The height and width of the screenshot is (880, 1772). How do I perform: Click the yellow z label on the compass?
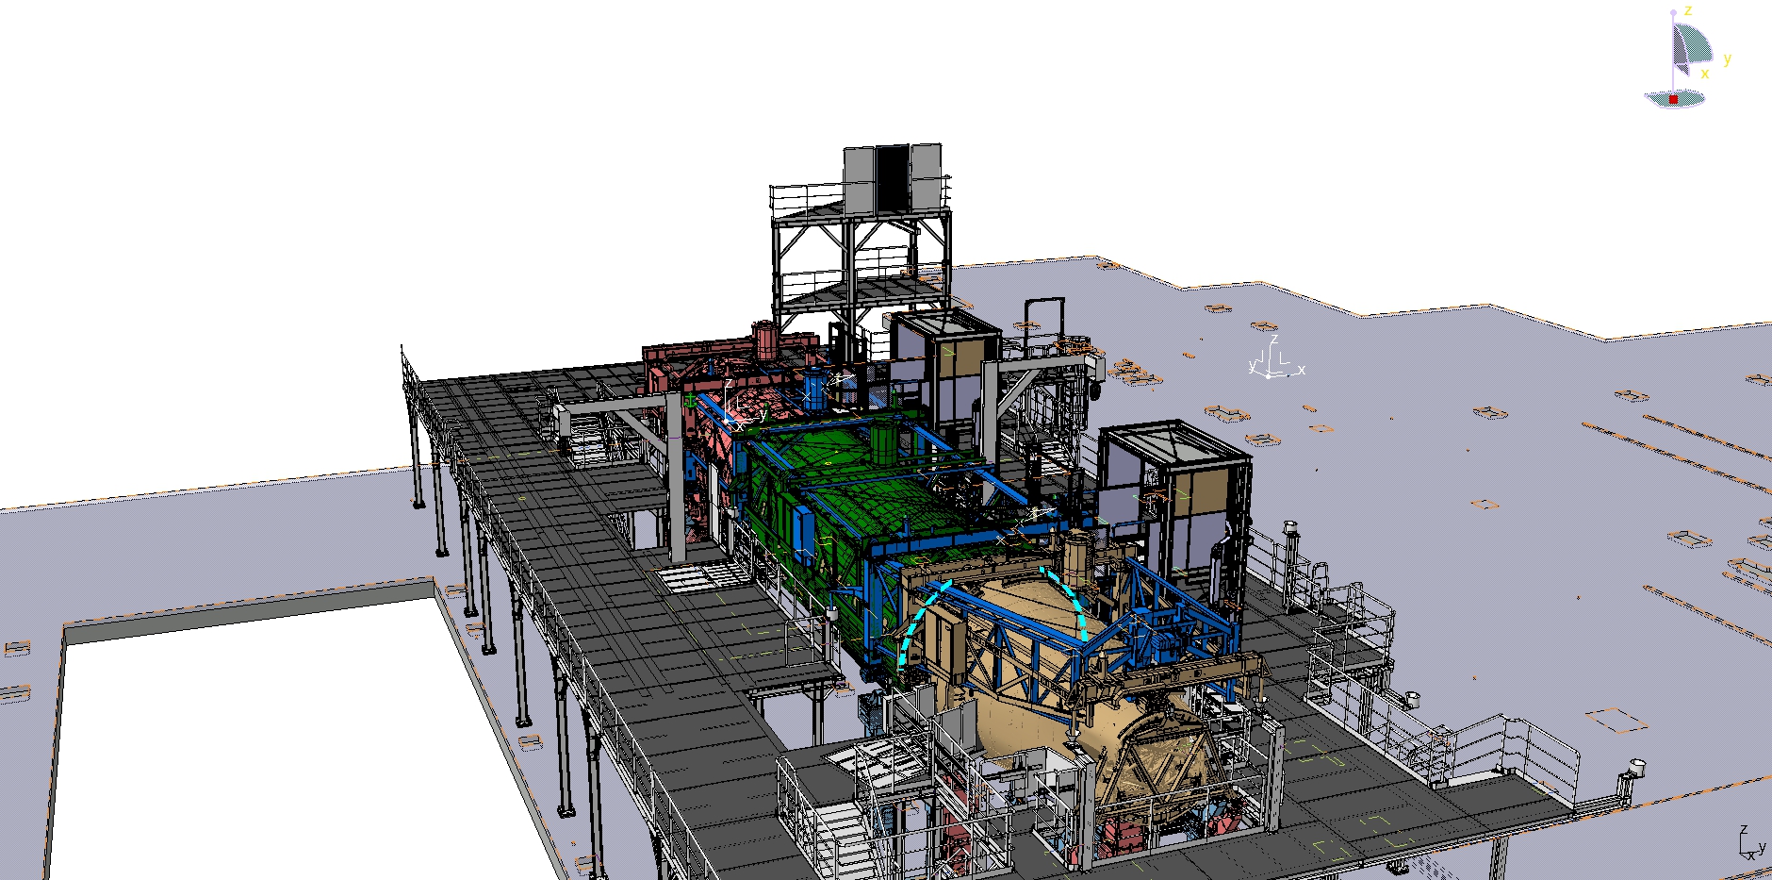1688,10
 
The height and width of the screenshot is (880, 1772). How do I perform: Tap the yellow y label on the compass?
1727,58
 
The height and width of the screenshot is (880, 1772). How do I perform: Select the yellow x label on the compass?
1704,74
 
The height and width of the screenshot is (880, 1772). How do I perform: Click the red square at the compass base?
1673,99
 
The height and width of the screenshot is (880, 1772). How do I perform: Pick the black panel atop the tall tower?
893,178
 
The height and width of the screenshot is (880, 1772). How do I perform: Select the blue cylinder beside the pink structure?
813,390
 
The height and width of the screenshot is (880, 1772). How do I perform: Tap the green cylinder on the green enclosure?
882,440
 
